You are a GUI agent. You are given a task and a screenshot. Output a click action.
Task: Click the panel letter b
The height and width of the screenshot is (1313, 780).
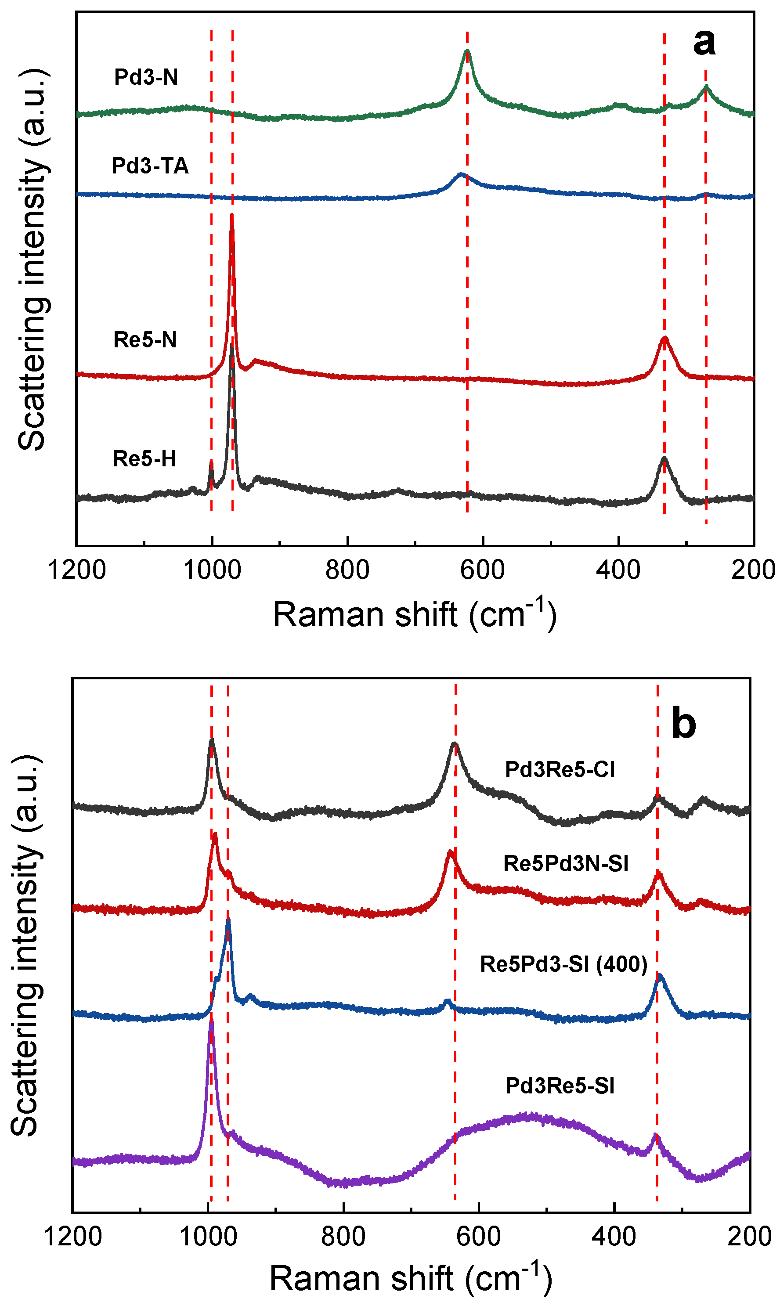684,724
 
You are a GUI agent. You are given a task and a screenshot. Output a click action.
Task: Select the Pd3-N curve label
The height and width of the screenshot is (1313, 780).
146,77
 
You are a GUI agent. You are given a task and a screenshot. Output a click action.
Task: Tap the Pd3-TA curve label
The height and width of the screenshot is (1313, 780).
150,166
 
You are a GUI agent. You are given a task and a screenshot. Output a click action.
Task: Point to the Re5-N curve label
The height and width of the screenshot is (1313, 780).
145,340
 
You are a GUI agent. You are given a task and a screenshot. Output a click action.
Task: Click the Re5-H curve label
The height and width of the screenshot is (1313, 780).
144,459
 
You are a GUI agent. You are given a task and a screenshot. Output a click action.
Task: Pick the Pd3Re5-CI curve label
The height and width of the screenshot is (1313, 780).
560,770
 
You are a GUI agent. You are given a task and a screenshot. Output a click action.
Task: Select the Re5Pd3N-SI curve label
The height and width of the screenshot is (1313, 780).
566,864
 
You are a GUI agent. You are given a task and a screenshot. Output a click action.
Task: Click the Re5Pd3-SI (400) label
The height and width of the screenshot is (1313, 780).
563,964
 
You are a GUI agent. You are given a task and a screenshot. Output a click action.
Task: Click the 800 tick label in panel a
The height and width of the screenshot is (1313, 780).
347,570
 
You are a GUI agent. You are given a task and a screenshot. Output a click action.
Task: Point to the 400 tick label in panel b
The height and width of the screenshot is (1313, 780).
614,1237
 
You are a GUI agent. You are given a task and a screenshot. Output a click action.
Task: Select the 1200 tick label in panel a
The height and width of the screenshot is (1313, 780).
77,570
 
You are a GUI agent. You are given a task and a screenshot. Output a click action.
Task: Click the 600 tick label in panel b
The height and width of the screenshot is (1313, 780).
478,1237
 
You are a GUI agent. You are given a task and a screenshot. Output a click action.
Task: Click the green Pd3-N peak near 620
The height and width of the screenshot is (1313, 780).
467,51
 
